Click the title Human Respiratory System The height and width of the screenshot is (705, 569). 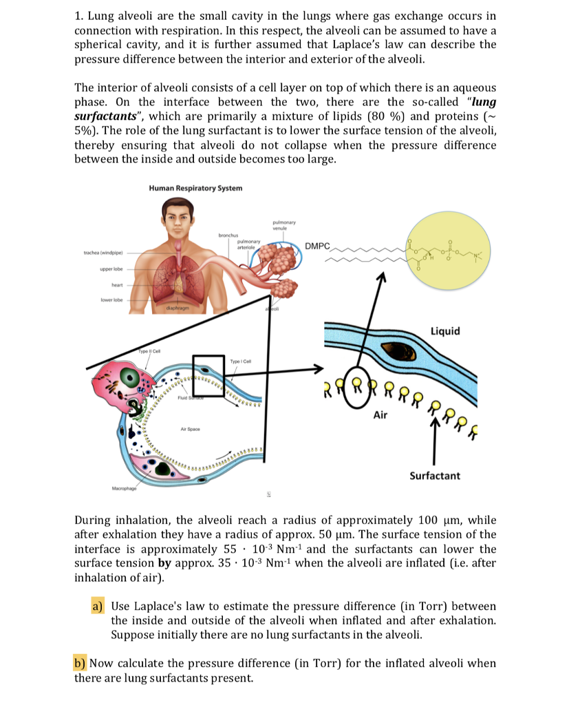coord(195,188)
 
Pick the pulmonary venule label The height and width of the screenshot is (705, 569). coord(284,224)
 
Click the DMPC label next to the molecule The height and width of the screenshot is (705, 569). coord(317,246)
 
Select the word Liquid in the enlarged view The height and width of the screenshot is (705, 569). coord(444,331)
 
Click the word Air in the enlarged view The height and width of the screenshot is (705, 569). coord(381,415)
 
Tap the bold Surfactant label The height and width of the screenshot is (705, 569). coord(435,476)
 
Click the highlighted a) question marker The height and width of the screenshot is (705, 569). coord(97,607)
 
